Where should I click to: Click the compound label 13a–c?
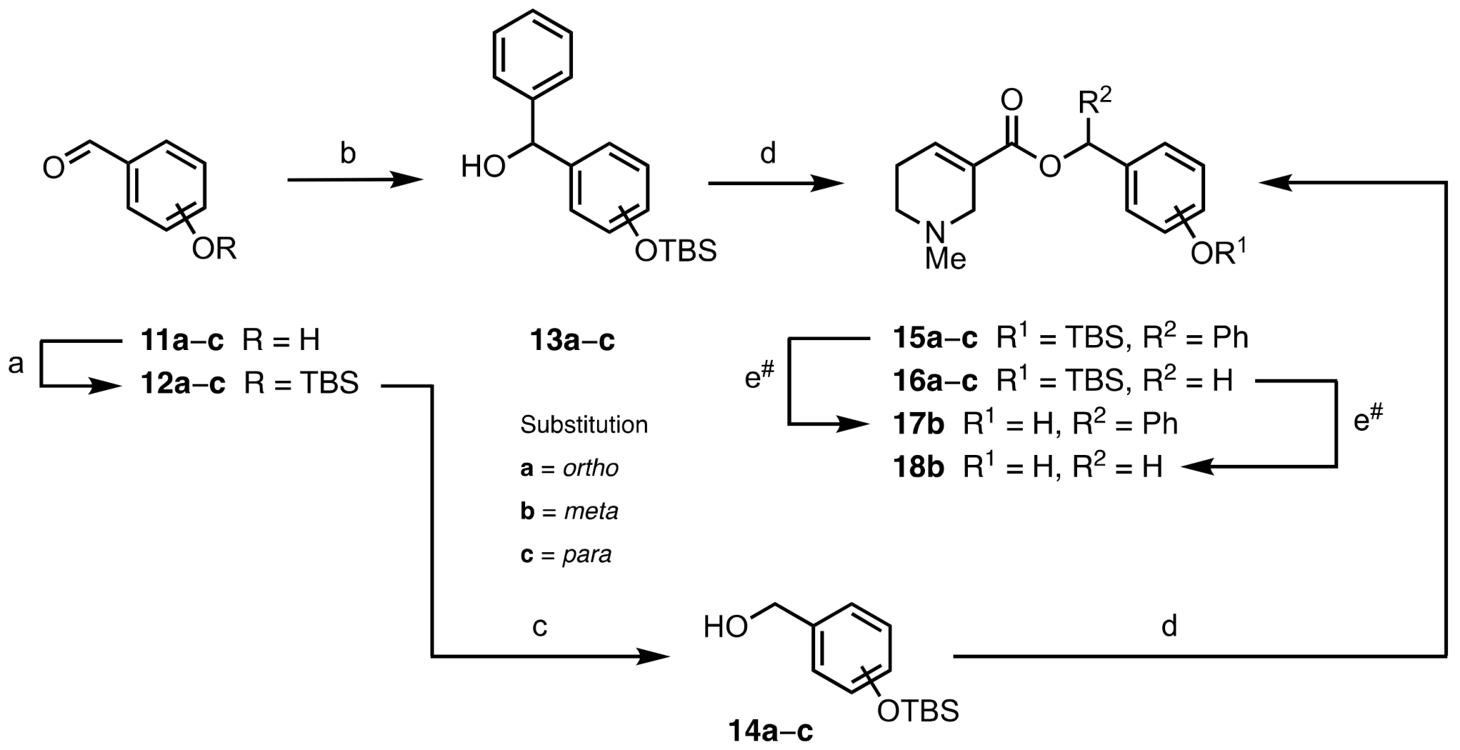pos(572,341)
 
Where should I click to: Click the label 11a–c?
pos(182,341)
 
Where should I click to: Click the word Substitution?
pos(584,425)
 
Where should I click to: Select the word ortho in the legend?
pos(591,468)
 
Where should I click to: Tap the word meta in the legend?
pos(591,511)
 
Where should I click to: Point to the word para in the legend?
pos(587,555)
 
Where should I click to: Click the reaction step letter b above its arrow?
pos(347,154)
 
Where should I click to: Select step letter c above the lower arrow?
pos(539,626)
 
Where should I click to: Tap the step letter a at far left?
pos(15,364)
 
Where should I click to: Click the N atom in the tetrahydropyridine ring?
pos(936,232)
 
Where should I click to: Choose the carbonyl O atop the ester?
pos(1011,101)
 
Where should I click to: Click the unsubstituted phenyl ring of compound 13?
pos(532,54)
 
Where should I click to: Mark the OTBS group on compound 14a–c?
pos(918,711)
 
